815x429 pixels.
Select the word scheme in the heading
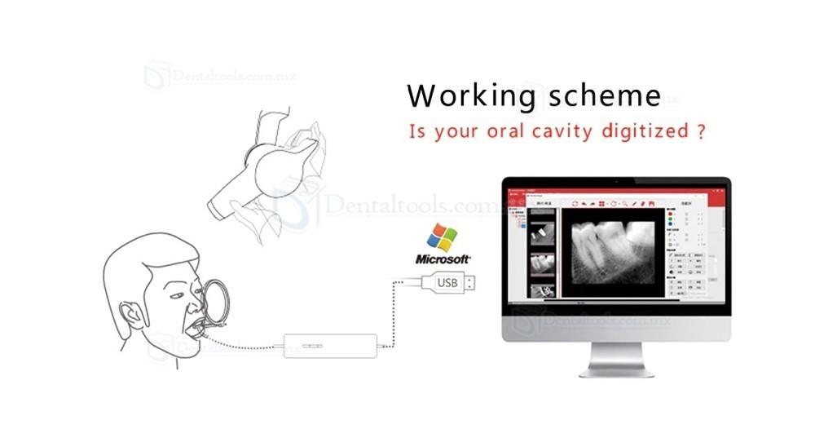point(601,96)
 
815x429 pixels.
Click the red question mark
point(699,132)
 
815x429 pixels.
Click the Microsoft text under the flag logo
point(443,259)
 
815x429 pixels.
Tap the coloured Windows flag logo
point(443,237)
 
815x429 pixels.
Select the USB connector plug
point(449,282)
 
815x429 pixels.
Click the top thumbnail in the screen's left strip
point(540,229)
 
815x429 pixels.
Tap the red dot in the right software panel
point(670,216)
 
